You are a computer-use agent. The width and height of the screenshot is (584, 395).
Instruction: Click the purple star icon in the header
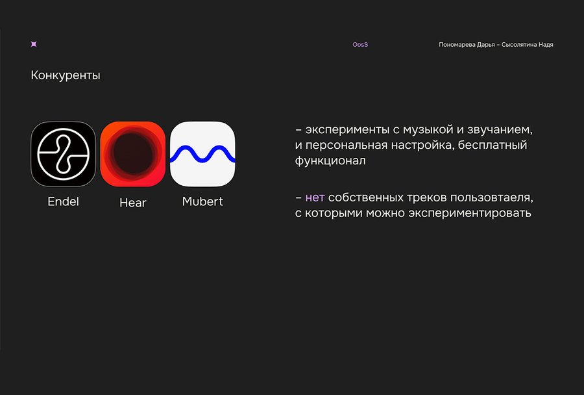click(34, 44)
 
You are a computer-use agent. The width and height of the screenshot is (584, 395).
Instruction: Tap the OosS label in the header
click(360, 45)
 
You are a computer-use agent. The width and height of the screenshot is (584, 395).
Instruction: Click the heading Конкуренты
click(66, 75)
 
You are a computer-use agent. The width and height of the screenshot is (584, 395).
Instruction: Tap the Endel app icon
click(64, 154)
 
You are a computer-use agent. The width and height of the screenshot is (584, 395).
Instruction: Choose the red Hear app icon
click(133, 154)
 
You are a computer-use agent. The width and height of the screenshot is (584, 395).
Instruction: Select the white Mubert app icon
click(202, 154)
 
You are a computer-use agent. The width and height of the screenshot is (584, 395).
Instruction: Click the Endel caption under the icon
click(64, 202)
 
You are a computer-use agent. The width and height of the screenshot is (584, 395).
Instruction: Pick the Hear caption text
click(133, 203)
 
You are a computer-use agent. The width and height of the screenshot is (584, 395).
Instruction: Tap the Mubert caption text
click(202, 202)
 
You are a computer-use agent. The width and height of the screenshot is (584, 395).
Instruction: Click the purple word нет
click(315, 197)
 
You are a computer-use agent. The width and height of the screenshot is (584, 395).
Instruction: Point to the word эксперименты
click(347, 130)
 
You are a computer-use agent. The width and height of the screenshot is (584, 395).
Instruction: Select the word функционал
click(330, 160)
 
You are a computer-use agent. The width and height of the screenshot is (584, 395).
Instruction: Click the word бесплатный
click(493, 145)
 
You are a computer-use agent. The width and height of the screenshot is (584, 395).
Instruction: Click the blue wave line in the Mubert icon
click(202, 154)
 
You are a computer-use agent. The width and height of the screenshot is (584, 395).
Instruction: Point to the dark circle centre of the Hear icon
click(133, 153)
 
